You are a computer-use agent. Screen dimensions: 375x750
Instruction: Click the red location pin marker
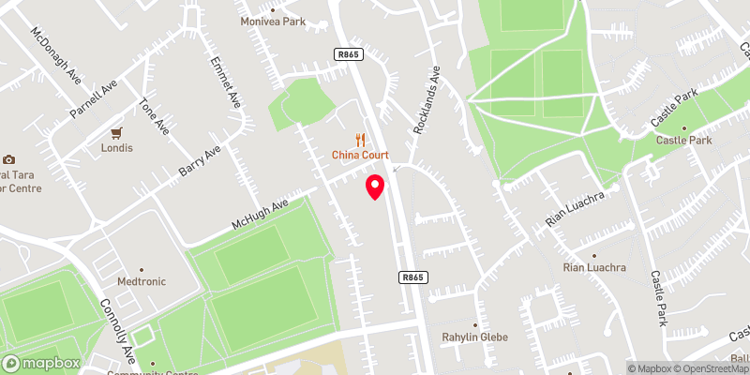click(x=375, y=186)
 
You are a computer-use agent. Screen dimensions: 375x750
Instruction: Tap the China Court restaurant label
click(x=360, y=155)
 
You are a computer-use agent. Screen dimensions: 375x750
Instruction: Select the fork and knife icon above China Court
click(x=360, y=139)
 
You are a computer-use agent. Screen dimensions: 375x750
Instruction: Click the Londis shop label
click(x=117, y=148)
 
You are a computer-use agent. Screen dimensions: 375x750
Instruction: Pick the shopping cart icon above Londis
click(x=117, y=133)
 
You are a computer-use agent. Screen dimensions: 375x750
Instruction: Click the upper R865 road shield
click(x=347, y=55)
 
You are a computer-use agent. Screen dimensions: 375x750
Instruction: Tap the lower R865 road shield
click(x=413, y=277)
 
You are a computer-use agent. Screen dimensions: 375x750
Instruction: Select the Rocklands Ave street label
click(x=425, y=101)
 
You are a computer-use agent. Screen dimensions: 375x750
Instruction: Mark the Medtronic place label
click(x=140, y=280)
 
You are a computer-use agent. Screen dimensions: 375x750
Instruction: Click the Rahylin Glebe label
click(x=474, y=336)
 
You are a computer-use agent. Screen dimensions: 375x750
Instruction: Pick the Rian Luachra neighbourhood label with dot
click(x=593, y=267)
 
